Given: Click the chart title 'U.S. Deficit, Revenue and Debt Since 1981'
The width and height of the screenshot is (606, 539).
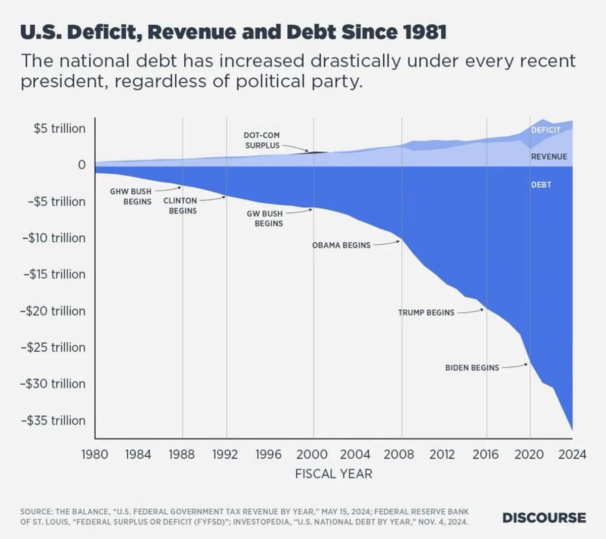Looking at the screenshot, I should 233,32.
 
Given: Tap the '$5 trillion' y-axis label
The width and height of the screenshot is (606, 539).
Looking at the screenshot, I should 60,129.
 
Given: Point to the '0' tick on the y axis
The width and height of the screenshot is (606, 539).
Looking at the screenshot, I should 81,165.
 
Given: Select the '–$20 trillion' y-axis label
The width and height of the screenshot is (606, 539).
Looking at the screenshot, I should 53,311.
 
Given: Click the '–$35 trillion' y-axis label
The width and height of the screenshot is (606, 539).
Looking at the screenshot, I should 53,420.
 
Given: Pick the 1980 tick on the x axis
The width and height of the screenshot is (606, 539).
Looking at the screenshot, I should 95,454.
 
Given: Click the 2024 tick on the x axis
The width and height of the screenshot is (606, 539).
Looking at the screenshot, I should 572,454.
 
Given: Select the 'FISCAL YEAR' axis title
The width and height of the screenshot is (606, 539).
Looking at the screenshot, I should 333,474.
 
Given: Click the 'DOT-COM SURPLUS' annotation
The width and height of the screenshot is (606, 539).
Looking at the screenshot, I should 262,140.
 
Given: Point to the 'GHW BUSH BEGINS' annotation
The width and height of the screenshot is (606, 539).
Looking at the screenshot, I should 131,196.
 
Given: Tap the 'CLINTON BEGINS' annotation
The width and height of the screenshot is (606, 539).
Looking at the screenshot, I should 180,205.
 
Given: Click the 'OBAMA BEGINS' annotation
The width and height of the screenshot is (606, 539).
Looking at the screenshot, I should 341,245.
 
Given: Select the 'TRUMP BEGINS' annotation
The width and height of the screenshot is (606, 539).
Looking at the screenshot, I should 426,313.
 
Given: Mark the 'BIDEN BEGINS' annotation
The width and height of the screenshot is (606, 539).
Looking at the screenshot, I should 472,368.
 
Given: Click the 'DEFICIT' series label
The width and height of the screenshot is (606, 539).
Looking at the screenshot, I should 546,130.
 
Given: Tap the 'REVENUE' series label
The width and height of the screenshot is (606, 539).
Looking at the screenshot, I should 549,157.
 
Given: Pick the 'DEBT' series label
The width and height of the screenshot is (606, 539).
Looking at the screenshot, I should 541,185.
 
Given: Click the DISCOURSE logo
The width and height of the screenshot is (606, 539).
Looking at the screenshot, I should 544,518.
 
